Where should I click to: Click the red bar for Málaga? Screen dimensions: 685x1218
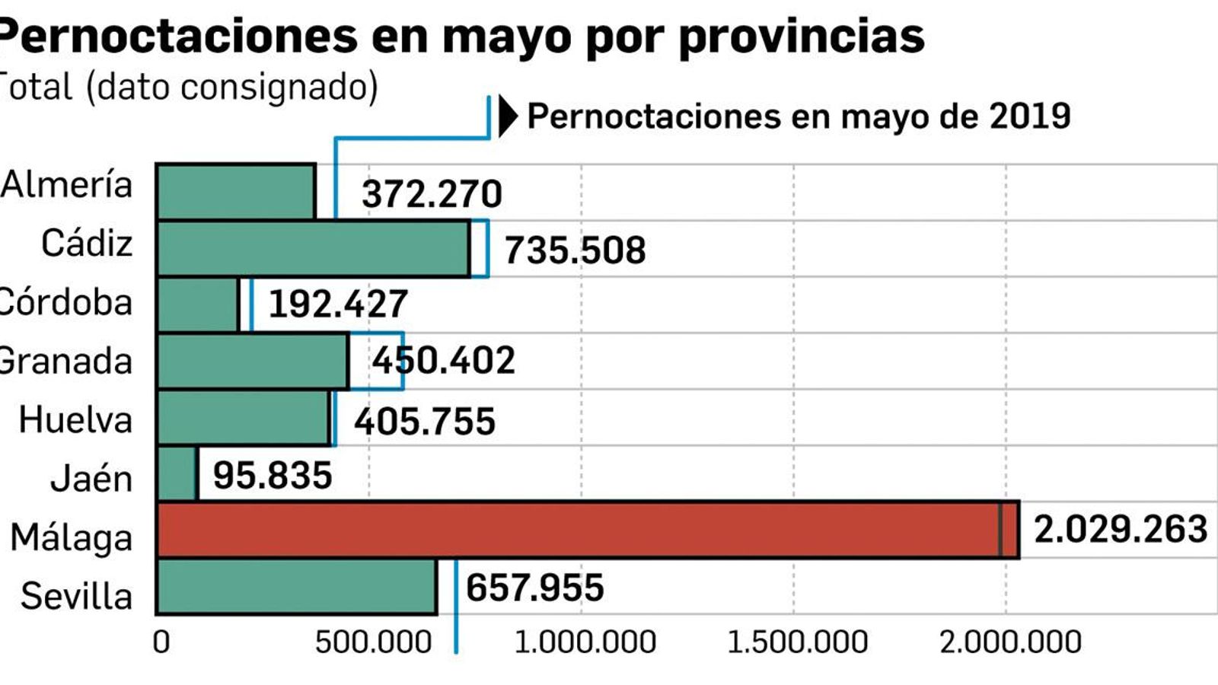[586, 530]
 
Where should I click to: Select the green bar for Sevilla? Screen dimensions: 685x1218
[297, 587]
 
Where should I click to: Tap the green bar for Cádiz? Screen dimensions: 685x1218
[313, 248]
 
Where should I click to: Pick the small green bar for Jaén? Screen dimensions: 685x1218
[177, 473]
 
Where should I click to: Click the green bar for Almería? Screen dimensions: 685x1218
[236, 191]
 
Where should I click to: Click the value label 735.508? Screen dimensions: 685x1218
[575, 250]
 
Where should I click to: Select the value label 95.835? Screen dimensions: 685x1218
[273, 476]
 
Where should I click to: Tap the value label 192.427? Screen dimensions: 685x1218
[338, 304]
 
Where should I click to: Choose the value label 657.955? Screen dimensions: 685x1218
[534, 588]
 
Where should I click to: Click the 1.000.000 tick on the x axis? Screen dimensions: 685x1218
[585, 642]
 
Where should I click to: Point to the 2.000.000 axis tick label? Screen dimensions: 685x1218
[1009, 642]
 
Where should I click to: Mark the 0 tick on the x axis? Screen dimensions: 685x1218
[161, 642]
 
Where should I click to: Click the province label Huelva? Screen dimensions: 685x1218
[75, 420]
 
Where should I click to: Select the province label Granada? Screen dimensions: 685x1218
[65, 361]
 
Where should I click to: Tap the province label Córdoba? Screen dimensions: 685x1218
[65, 303]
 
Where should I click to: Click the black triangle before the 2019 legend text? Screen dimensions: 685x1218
[507, 116]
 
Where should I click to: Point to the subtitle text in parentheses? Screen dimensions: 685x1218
[232, 87]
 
